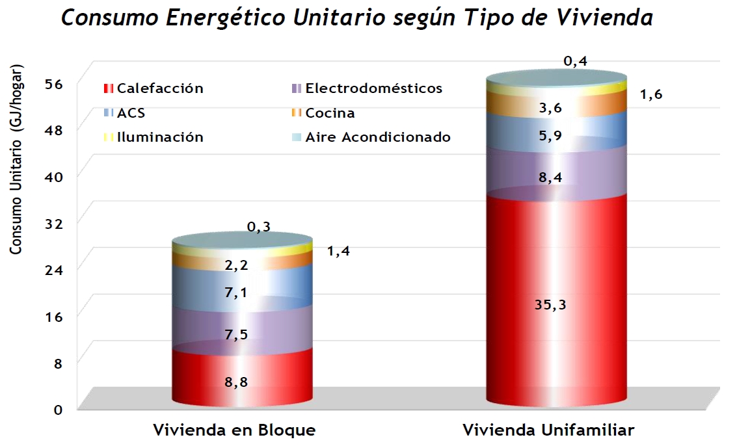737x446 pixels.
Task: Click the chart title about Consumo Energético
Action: pos(356,18)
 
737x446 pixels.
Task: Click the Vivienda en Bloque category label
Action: pos(234,430)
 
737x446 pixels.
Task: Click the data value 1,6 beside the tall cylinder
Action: pos(650,95)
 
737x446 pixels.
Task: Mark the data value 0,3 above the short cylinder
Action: pos(258,227)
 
